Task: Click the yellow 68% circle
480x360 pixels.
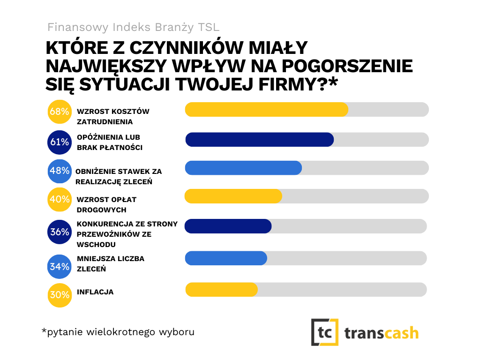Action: coord(60,112)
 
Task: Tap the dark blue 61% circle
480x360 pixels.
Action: coord(60,142)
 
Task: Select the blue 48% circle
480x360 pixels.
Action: coord(60,171)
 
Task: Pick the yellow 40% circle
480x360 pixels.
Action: coord(60,199)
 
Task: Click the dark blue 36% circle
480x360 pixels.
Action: coord(60,232)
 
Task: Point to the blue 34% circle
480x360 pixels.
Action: coord(60,267)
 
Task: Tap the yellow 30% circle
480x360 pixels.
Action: coord(60,296)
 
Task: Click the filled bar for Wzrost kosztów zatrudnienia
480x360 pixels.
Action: coord(266,109)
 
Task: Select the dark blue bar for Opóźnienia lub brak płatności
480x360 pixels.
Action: coord(259,140)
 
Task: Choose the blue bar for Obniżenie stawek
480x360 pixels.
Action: coord(243,168)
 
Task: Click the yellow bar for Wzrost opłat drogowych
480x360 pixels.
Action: coord(233,196)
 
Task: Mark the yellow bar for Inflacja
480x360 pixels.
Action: coord(221,290)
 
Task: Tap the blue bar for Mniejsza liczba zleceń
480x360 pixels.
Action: coord(226,258)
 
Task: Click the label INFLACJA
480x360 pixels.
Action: coord(95,292)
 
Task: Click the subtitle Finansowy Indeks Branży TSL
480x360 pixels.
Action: coord(133,27)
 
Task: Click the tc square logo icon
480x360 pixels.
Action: coord(324,332)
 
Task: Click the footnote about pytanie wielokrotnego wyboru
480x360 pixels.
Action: coord(118,332)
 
